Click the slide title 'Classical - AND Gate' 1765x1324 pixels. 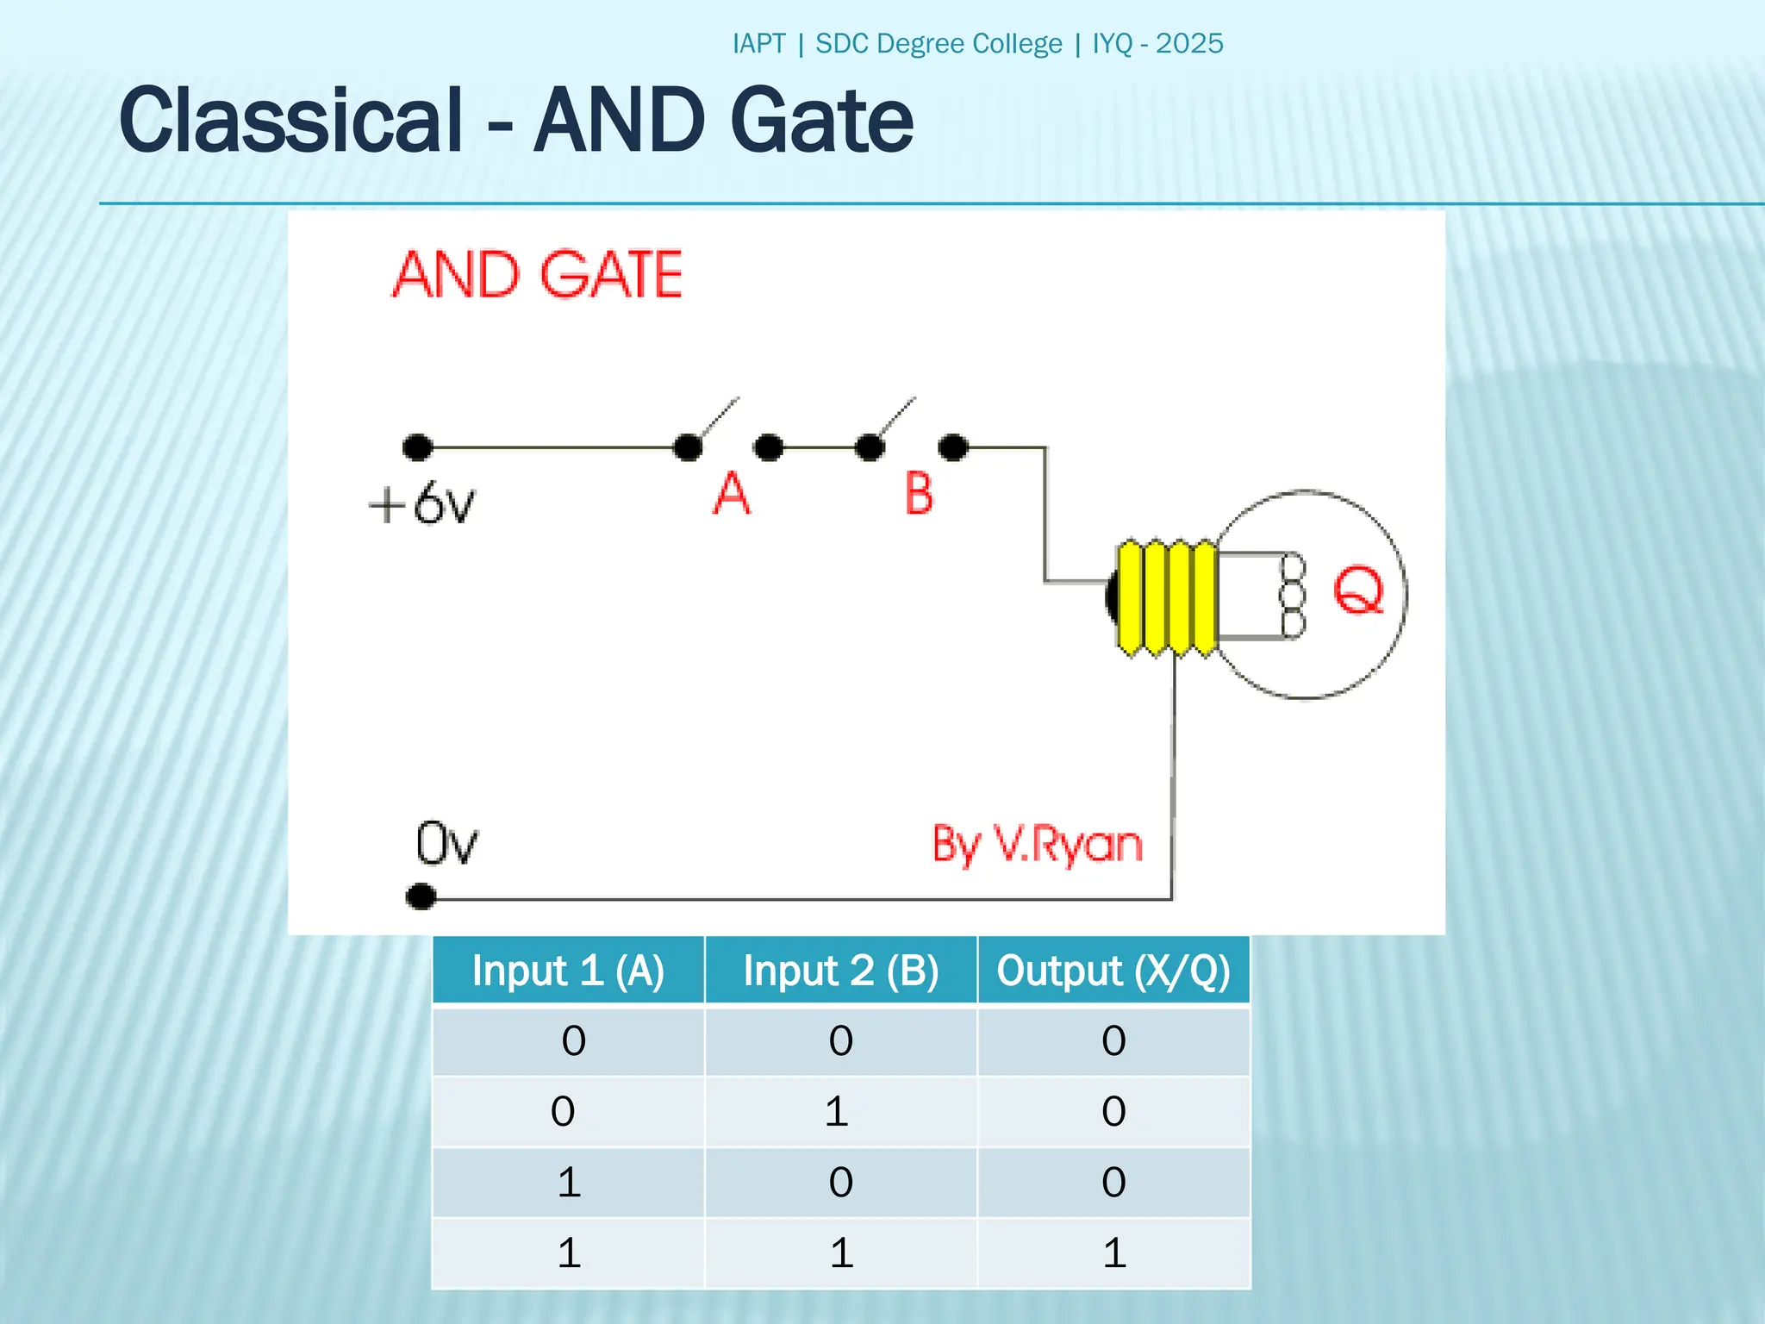pos(515,121)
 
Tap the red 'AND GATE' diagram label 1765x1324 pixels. pos(538,275)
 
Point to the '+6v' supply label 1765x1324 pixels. pos(421,503)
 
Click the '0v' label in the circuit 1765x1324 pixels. pos(446,843)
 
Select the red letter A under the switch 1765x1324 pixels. pos(732,494)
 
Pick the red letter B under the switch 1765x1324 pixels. pos(919,494)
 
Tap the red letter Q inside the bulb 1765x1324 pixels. pos(1358,590)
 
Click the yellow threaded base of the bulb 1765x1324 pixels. pos(1166,597)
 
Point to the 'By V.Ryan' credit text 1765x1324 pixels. pos(1037,844)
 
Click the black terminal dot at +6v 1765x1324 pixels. pos(418,447)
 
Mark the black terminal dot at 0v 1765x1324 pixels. pos(421,896)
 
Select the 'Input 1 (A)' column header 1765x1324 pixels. pos(568,971)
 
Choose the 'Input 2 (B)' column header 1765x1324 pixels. pos(841,971)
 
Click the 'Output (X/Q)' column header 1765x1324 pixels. pos(1113,971)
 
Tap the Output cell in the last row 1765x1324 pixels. pos(1113,1252)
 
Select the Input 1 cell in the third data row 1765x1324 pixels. pos(569,1182)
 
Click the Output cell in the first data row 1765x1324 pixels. pos(1113,1040)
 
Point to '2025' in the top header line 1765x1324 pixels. pos(1189,44)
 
